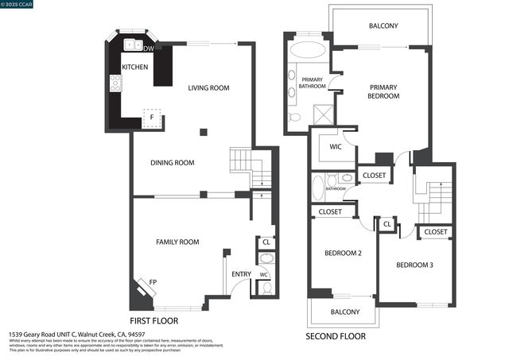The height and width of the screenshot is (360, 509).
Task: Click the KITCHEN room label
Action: point(134,68)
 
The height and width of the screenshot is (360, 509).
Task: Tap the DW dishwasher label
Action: point(149,48)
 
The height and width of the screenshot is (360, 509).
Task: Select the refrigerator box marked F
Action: point(152,118)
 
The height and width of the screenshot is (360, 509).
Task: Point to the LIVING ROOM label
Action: point(208,88)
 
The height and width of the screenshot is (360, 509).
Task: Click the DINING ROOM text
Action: point(173,163)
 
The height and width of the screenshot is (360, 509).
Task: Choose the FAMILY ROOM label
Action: point(177,242)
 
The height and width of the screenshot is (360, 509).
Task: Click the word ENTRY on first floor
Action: point(241,274)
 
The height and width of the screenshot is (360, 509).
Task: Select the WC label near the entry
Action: point(263,274)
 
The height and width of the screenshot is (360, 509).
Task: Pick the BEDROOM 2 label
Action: point(344,253)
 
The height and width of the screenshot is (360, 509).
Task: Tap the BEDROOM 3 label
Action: point(414,265)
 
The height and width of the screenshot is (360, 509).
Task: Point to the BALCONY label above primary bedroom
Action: point(383,26)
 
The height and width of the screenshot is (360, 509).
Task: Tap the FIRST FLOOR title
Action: point(153,320)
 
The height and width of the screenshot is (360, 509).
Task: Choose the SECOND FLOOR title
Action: point(336,336)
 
